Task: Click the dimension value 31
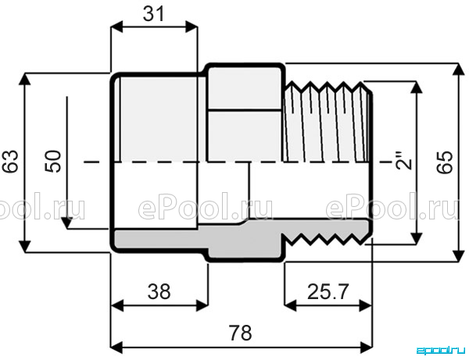(x=154, y=14)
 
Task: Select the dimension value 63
(x=11, y=162)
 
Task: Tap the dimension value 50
(x=53, y=161)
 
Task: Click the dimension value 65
(x=445, y=162)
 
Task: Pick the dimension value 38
(x=159, y=291)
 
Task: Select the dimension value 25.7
(x=328, y=291)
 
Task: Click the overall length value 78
(x=240, y=333)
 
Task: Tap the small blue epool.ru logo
(x=441, y=351)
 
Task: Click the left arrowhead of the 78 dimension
(x=116, y=348)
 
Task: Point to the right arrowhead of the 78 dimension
(x=367, y=348)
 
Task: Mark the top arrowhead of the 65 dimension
(x=457, y=70)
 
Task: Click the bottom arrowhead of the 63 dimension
(x=25, y=247)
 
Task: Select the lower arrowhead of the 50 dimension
(x=67, y=223)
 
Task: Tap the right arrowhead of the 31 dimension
(x=192, y=27)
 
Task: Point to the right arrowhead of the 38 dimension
(x=202, y=305)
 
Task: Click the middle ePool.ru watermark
(x=206, y=206)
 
